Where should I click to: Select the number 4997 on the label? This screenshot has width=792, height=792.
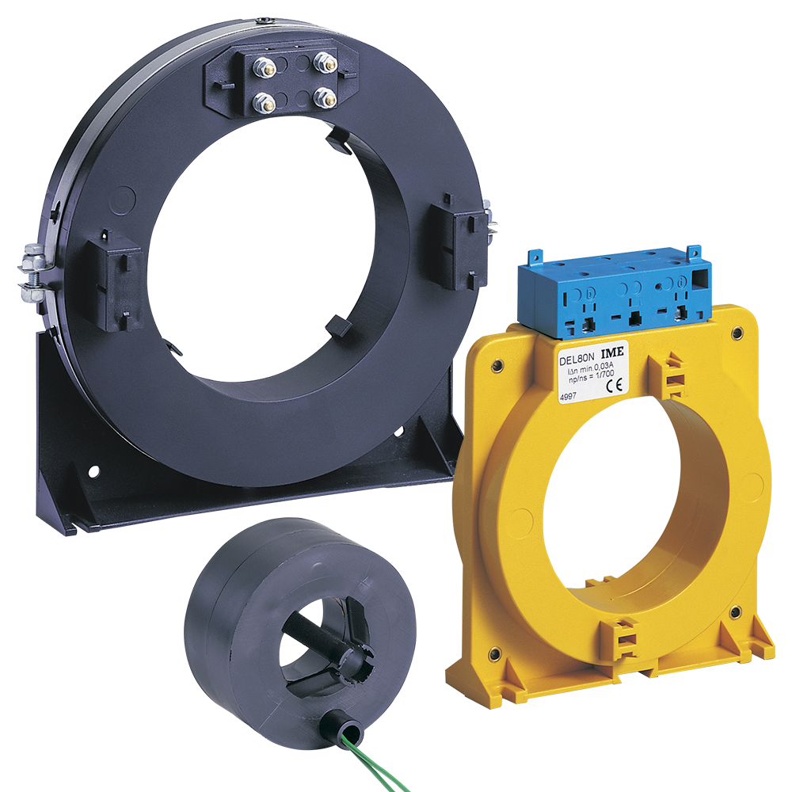click(569, 398)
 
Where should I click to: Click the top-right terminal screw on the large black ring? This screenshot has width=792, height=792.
click(323, 62)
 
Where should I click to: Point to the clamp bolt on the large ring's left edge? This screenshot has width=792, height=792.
click(32, 275)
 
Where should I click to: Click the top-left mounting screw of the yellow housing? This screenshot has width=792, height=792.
click(497, 366)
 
